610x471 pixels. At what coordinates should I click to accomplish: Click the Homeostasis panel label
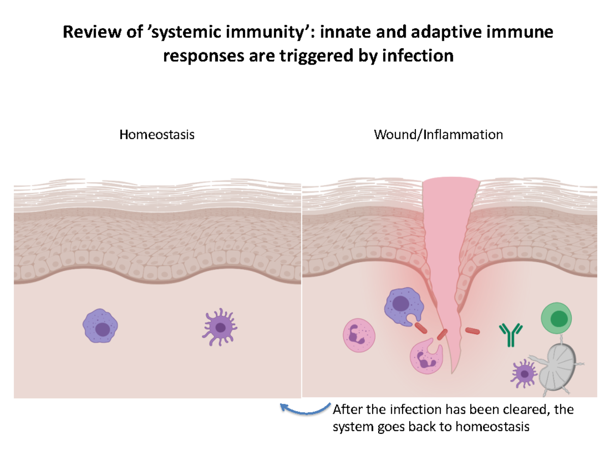pyautogui.click(x=157, y=135)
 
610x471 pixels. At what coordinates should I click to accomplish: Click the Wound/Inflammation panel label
pyautogui.click(x=438, y=135)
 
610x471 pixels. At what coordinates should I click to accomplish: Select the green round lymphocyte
pyautogui.click(x=557, y=318)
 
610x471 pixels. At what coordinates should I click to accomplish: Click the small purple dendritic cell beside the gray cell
pyautogui.click(x=524, y=374)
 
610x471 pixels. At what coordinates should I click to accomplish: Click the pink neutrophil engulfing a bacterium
pyautogui.click(x=425, y=359)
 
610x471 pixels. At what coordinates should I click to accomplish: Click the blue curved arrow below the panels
pyautogui.click(x=304, y=408)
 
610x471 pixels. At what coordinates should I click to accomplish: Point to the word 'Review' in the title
pyautogui.click(x=84, y=33)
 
